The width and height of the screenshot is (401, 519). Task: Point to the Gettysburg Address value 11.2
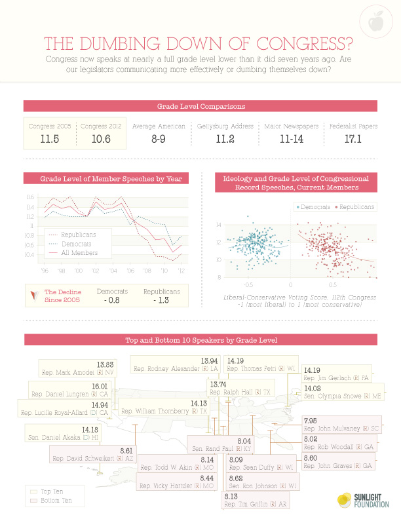[225, 140]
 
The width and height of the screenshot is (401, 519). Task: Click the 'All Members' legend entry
[79, 252]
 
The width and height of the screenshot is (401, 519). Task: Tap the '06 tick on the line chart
[131, 270]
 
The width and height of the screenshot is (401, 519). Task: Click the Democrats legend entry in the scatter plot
[313, 207]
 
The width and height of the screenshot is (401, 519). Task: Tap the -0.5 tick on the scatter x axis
[248, 285]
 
